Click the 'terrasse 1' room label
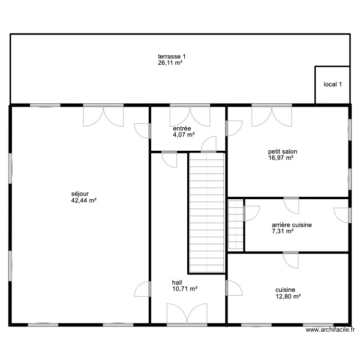click(x=172, y=56)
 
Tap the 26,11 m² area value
click(x=172, y=63)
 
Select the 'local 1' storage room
click(x=332, y=85)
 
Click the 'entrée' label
click(x=182, y=129)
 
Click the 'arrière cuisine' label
click(x=292, y=225)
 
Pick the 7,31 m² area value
click(x=283, y=231)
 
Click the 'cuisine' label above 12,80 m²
click(x=285, y=290)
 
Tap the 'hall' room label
click(x=177, y=283)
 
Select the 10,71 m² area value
click(x=185, y=289)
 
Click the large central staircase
click(x=206, y=211)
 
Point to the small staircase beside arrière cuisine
click(x=236, y=225)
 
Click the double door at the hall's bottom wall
click(x=187, y=314)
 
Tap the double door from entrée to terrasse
click(x=190, y=115)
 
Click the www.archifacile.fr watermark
click(x=331, y=330)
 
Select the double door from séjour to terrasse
click(x=103, y=115)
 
